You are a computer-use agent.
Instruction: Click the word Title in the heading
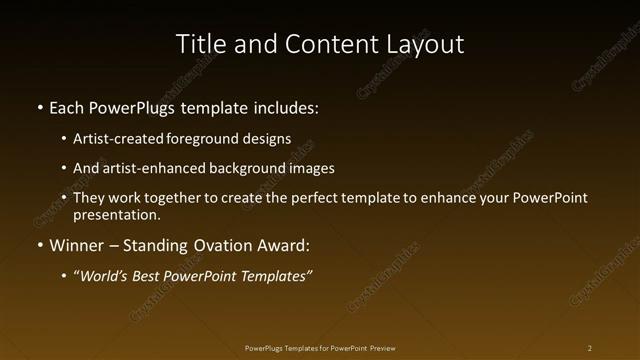click(x=200, y=44)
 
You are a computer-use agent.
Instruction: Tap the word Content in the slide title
click(x=322, y=44)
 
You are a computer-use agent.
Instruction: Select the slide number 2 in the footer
click(x=590, y=348)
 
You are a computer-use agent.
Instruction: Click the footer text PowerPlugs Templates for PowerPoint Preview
click(x=320, y=348)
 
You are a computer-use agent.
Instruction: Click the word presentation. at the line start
click(x=116, y=214)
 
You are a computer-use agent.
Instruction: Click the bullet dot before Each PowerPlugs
click(x=39, y=107)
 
